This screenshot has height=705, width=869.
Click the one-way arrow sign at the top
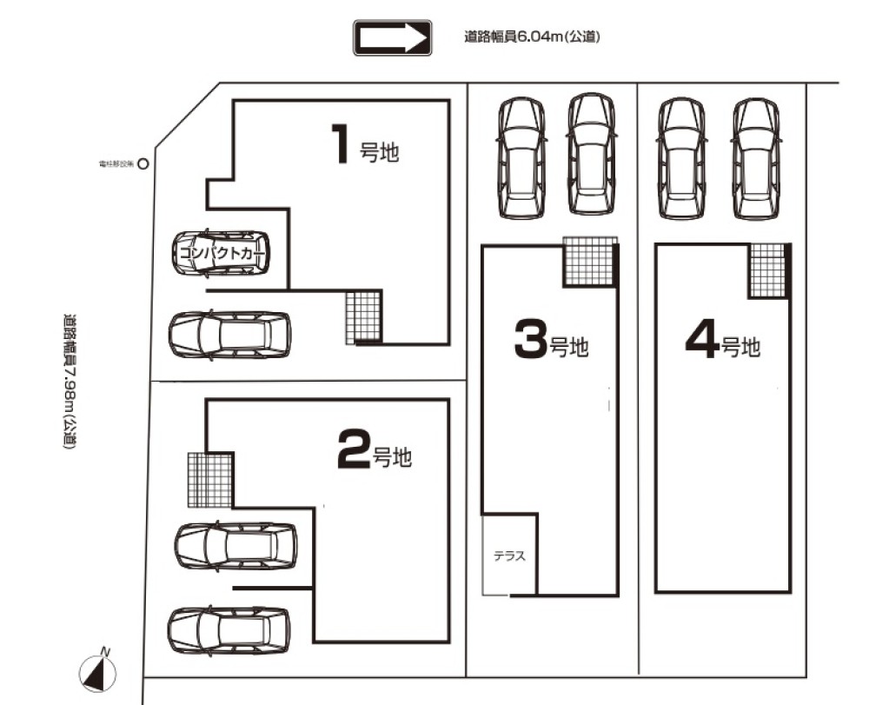coord(393,38)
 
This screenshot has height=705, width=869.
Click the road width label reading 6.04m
coord(533,37)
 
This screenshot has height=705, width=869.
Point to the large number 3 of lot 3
coord(530,340)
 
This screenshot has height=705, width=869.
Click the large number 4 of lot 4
coord(701,340)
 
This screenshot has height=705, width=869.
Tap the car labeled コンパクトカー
coord(221,253)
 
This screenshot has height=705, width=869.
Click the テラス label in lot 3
coord(509,557)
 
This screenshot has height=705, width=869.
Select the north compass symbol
coord(99,672)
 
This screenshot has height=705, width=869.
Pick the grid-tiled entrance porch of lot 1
coord(363,316)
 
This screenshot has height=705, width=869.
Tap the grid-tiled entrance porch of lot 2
coord(210,479)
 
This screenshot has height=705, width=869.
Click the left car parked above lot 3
coord(521,156)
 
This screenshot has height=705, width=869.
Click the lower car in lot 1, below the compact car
coord(230,335)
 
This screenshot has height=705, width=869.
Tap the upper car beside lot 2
coord(235,546)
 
